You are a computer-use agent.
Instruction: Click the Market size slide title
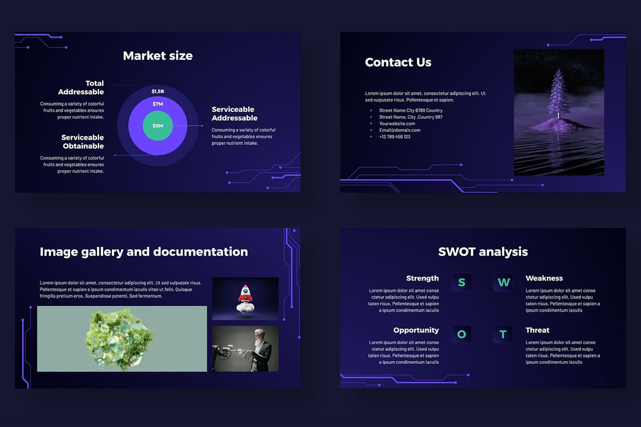[x=158, y=56]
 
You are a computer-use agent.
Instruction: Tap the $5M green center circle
[x=158, y=126]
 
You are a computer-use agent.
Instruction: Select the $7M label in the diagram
[x=158, y=104]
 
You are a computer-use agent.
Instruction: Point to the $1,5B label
[x=158, y=91]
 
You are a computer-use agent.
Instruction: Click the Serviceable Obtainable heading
[x=82, y=141]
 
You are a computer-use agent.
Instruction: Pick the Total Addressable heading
[x=81, y=87]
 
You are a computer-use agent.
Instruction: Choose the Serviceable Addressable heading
[x=234, y=114]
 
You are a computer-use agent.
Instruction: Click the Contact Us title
[x=398, y=62]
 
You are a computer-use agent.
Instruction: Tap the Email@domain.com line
[x=400, y=130]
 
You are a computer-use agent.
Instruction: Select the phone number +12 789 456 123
[x=394, y=137]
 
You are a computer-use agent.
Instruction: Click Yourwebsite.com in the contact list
[x=397, y=123]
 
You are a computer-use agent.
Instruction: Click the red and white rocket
[x=246, y=298]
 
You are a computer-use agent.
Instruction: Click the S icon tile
[x=461, y=282]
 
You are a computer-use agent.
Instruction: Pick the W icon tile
[x=503, y=282]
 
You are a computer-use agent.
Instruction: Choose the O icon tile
[x=461, y=334]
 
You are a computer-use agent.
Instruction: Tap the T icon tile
[x=503, y=334]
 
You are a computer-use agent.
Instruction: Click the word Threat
[x=537, y=330]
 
